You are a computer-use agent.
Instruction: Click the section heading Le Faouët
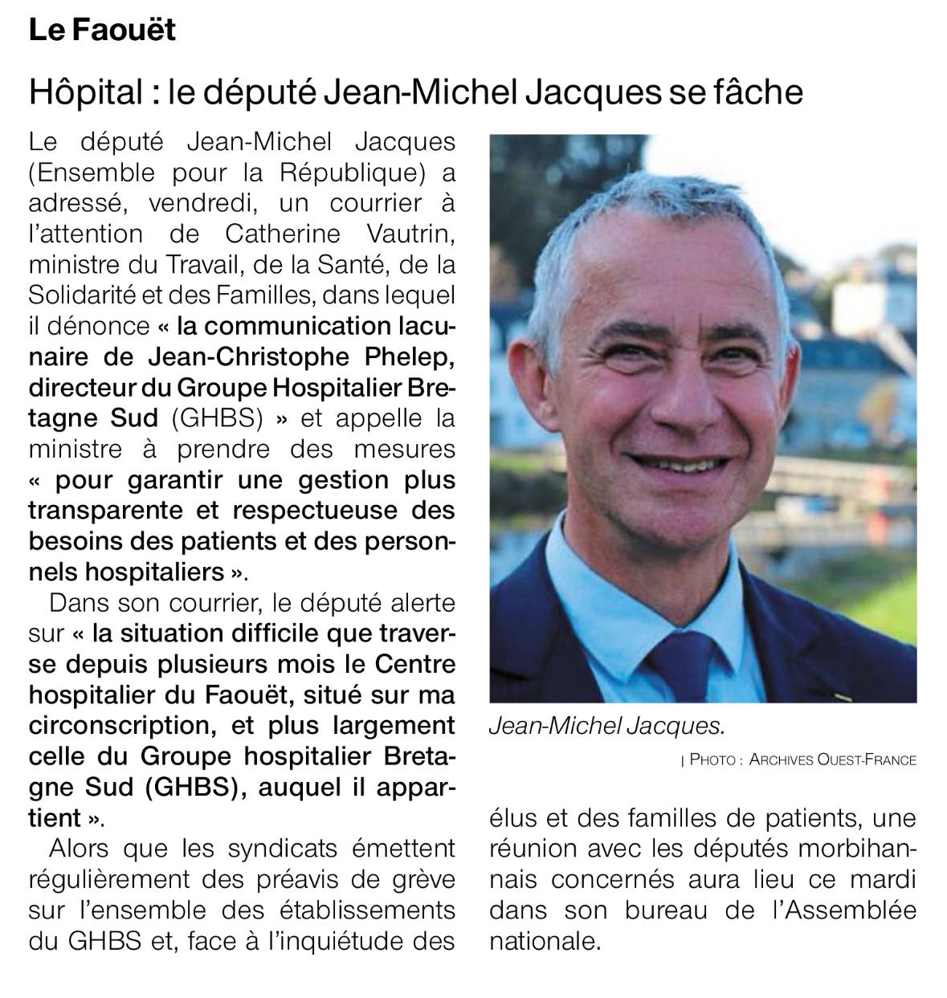click(102, 31)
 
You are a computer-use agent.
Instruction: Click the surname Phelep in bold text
click(404, 356)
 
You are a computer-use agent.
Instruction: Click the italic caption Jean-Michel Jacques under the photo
click(606, 726)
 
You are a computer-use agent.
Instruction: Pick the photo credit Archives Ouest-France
click(832, 760)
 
